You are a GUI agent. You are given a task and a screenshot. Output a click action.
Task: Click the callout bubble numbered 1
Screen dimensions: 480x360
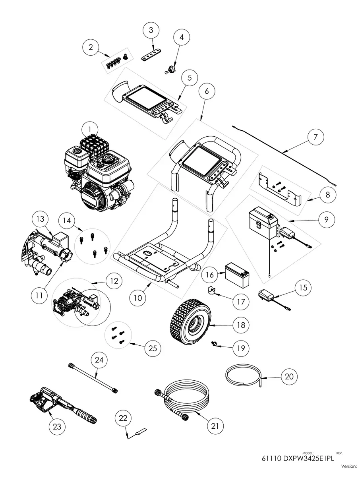tap(90, 129)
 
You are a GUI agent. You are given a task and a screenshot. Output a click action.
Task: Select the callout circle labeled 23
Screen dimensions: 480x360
tap(57, 426)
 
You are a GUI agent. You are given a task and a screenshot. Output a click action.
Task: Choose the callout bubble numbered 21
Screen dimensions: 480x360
tap(215, 426)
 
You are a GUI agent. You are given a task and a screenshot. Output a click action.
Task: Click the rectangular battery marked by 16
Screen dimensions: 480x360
tap(237, 276)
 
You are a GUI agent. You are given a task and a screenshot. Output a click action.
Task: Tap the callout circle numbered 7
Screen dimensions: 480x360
tap(315, 137)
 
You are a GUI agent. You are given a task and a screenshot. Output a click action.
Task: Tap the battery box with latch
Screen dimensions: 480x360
tap(262, 223)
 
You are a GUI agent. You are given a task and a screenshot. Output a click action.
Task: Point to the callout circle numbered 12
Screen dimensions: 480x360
tap(114, 281)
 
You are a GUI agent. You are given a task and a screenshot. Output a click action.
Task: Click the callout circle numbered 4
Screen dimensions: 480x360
tap(182, 38)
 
